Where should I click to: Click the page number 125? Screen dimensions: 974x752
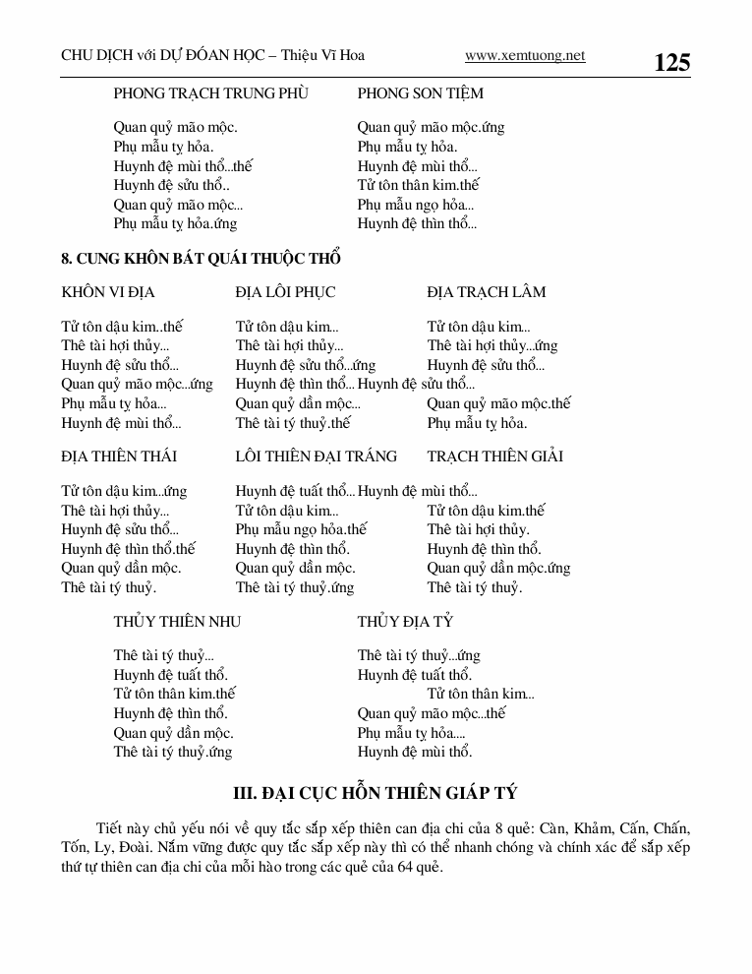click(x=671, y=63)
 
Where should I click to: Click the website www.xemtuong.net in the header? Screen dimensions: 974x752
click(x=525, y=56)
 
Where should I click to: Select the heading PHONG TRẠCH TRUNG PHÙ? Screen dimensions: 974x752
click(x=210, y=93)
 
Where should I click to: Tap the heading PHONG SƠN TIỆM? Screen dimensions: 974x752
click(x=421, y=93)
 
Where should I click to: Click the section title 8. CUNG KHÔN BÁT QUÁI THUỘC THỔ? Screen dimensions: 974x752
click(x=201, y=259)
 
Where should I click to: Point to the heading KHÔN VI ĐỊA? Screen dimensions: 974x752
click(x=108, y=292)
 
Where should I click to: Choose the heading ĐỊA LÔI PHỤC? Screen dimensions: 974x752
click(x=285, y=292)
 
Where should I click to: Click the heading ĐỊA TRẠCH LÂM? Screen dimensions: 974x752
click(x=487, y=292)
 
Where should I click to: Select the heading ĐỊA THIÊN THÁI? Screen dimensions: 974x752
click(x=119, y=457)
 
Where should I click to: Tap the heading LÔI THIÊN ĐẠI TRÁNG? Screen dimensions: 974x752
click(x=317, y=457)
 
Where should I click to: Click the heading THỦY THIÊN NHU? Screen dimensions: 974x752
click(x=177, y=622)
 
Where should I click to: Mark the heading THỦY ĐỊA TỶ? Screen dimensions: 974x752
click(x=405, y=622)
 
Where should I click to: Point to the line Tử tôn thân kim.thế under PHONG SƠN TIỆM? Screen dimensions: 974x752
click(x=418, y=185)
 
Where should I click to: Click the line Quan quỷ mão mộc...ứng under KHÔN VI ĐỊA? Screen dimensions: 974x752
click(x=137, y=385)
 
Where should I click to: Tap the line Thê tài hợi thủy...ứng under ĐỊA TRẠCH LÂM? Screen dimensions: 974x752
click(x=492, y=346)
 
